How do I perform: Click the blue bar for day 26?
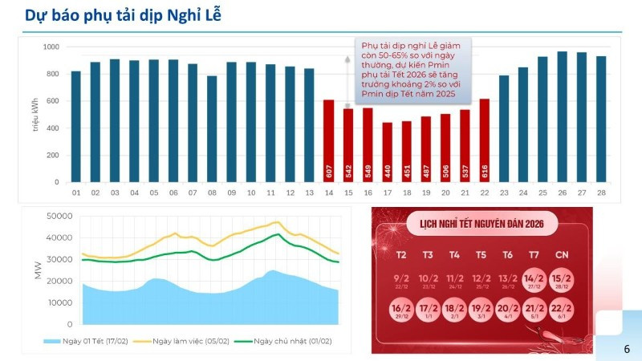pos(562,117)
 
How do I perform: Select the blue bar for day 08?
pos(212,129)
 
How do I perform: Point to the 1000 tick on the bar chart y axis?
pos(51,47)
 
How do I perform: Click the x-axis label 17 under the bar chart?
pos(387,193)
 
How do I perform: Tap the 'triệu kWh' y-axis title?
pos(36,115)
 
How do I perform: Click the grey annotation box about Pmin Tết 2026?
pos(412,71)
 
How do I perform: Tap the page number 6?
pos(627,350)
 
